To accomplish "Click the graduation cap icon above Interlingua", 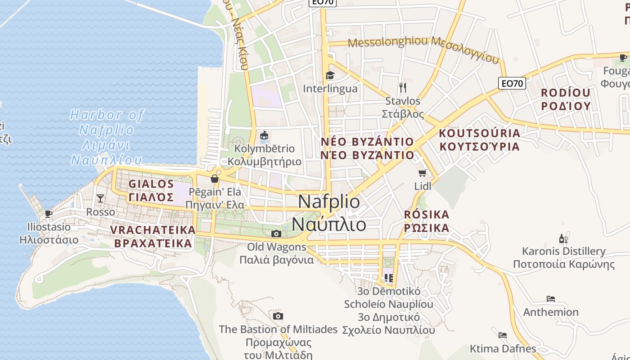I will [330, 75].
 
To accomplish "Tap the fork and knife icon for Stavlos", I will [403, 87].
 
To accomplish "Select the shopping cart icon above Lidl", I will [422, 173].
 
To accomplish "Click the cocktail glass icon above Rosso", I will [100, 198].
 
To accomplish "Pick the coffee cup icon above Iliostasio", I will [49, 214].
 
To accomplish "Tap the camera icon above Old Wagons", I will [276, 234].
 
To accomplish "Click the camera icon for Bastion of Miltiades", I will [278, 316].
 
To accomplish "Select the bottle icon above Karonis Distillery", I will [563, 238].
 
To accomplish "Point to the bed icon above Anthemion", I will [551, 298].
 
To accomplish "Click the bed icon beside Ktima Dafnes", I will [503, 335].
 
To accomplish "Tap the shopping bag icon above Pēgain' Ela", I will [215, 179].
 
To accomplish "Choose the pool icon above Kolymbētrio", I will [264, 135].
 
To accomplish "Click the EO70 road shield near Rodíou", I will [512, 83].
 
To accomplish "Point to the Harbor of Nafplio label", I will [107, 137].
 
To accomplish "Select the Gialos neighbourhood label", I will [151, 190].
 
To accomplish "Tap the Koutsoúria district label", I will [479, 139].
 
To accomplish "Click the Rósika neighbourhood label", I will [427, 220].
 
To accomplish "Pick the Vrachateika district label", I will [153, 237].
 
